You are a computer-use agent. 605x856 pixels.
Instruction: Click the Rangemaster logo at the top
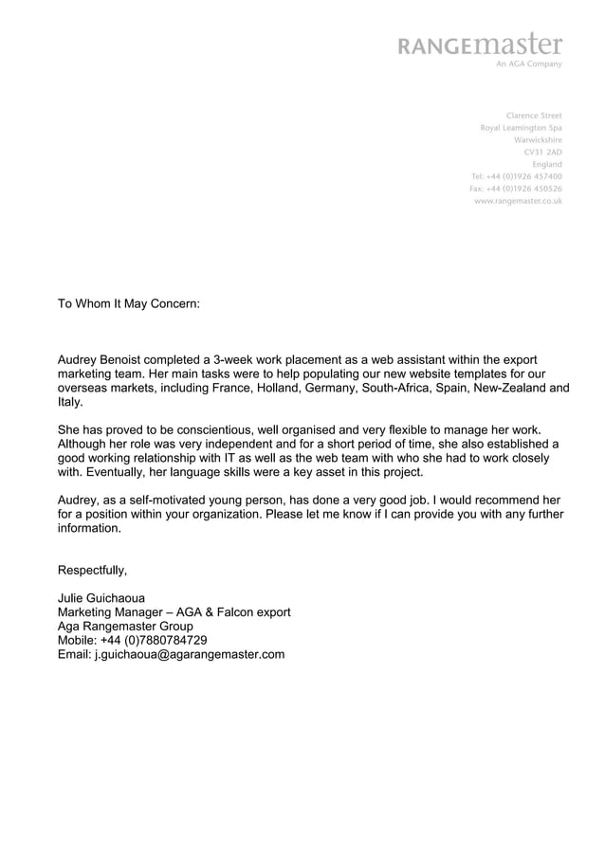[481, 46]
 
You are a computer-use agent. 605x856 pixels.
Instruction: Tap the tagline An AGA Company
[528, 64]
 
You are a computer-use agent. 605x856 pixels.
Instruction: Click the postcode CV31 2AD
[542, 152]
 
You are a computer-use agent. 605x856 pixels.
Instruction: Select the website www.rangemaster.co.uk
[518, 201]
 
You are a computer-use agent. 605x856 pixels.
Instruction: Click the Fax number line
[516, 189]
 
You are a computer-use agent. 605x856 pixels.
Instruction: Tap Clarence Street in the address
[534, 116]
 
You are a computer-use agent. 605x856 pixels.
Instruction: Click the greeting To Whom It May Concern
[129, 306]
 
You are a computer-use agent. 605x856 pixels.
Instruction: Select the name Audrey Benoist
[102, 360]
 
